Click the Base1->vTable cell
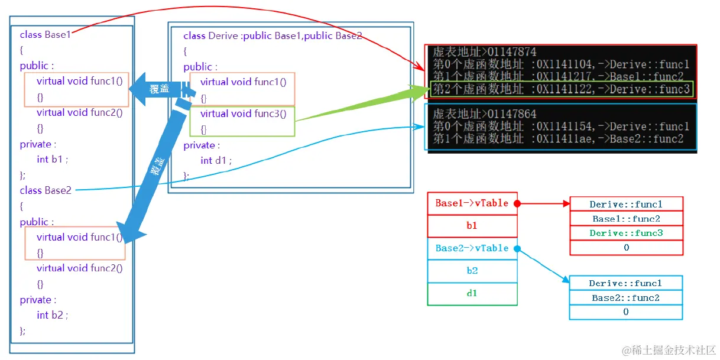472,203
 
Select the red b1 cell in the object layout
472,225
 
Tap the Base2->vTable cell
472,248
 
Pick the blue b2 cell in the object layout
472,271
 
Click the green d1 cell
472,293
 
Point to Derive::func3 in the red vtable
626,233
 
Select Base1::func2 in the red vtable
626,219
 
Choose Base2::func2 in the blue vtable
625,298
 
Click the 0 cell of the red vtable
626,248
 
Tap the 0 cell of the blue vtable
625,312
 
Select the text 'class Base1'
45,34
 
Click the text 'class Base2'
46,190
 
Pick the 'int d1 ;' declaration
216,160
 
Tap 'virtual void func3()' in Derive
243,113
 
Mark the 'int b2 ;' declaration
52,315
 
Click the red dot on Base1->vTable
517,203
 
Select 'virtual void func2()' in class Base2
79,268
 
